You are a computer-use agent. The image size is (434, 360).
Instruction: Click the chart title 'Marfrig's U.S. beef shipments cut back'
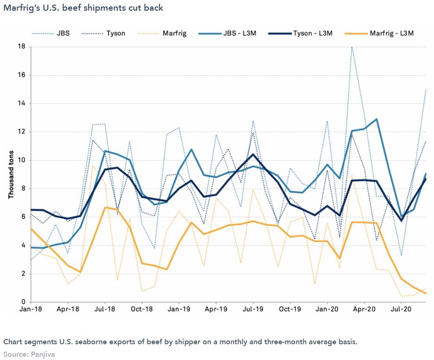pyautogui.click(x=83, y=8)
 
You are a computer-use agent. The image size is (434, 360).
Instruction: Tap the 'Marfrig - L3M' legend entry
pyautogui.click(x=392, y=33)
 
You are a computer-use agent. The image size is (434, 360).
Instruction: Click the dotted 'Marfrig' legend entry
pyautogui.click(x=175, y=33)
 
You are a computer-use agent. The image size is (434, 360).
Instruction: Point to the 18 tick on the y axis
pyautogui.click(x=21, y=47)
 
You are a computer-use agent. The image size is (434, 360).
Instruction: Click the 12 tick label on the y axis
pyautogui.click(x=21, y=132)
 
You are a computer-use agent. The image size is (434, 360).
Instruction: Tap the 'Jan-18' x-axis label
pyautogui.click(x=31, y=309)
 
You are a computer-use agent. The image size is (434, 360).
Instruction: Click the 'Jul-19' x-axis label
pyautogui.click(x=253, y=309)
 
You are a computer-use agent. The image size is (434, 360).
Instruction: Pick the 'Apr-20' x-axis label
pyautogui.click(x=364, y=309)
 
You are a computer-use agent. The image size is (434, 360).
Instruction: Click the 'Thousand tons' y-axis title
pyautogui.click(x=11, y=174)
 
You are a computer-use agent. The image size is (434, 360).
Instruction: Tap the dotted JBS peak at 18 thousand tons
pyautogui.click(x=352, y=47)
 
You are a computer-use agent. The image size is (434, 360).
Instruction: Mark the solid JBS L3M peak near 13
pyautogui.click(x=377, y=119)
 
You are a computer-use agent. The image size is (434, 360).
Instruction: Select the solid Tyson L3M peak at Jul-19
pyautogui.click(x=253, y=154)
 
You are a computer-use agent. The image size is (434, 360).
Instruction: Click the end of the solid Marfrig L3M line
pyautogui.click(x=426, y=293)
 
